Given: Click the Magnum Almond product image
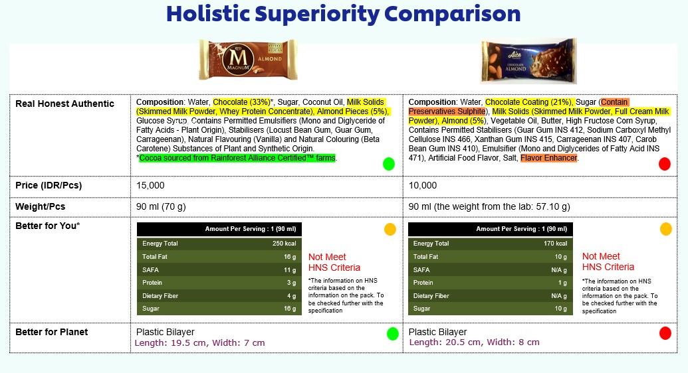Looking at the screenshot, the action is (x=249, y=59).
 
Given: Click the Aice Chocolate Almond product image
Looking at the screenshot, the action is (x=528, y=61).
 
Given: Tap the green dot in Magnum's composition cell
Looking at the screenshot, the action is (x=389, y=164).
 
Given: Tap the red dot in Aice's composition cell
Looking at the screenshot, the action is (x=665, y=164).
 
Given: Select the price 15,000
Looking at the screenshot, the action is (x=150, y=185).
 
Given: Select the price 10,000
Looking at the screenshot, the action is (x=423, y=185).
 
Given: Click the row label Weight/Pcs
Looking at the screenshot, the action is (x=41, y=206).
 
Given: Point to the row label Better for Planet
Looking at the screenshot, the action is (x=52, y=332).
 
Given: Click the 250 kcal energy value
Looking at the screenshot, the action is (x=285, y=244).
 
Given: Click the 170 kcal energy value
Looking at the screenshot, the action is (x=556, y=244).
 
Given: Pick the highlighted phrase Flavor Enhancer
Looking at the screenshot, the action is (x=549, y=158).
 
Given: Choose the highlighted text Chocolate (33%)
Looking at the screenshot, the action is (x=241, y=102).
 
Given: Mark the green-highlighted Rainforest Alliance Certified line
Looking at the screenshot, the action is (x=237, y=158).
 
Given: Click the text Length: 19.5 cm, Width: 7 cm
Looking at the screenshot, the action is (x=199, y=342).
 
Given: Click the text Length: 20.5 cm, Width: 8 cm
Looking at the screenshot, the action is (x=475, y=342).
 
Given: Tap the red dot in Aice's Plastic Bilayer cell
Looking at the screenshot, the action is (x=665, y=334).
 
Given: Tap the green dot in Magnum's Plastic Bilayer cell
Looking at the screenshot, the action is (x=393, y=334).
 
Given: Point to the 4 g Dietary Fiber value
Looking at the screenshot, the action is (x=291, y=296).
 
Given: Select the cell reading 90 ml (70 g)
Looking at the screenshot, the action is (x=161, y=206).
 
